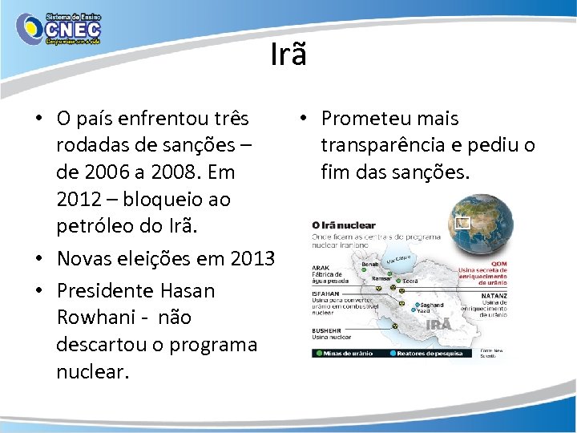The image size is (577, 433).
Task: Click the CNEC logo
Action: tap(59, 30)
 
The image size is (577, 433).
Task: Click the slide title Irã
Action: tap(288, 55)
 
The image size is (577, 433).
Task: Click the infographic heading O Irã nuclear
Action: tap(344, 225)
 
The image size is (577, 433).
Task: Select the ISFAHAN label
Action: tap(325, 293)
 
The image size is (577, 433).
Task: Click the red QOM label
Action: tap(498, 263)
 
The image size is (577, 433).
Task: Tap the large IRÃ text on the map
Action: tap(438, 324)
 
